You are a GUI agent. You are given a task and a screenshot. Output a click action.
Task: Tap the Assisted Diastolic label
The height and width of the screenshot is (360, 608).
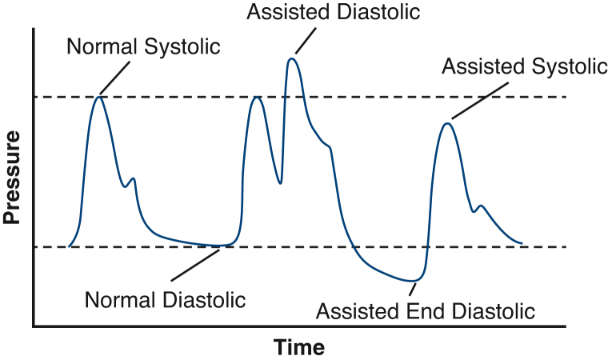[334, 13]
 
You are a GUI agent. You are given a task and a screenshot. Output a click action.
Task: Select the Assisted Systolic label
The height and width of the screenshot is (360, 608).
[524, 66]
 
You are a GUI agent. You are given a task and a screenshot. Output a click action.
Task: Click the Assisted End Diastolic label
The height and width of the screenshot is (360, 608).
[426, 310]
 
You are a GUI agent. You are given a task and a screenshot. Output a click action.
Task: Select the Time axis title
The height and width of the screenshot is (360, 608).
[299, 348]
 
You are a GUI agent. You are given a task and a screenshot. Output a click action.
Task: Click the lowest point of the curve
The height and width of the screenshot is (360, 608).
[413, 281]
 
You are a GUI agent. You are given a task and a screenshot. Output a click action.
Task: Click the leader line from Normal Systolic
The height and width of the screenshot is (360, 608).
[114, 77]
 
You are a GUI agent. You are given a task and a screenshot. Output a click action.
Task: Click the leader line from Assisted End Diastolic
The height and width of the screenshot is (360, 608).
[414, 290]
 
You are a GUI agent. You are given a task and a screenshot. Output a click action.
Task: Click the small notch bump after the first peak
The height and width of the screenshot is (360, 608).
[133, 178]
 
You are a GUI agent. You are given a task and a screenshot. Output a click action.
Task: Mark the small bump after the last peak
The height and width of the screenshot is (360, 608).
[480, 206]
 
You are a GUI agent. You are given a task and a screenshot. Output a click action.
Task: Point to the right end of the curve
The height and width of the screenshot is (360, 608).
[522, 242]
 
